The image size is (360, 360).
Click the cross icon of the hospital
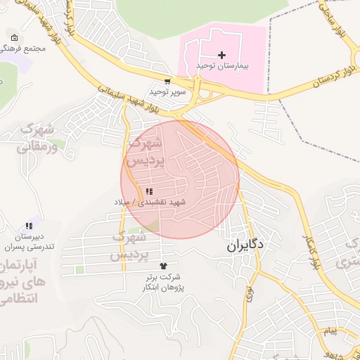pos(222,55)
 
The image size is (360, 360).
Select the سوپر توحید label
pos(167,92)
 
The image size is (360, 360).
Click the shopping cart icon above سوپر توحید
pos(167,82)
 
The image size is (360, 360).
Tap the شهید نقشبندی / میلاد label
pos(150,202)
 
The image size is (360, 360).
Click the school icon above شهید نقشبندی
pos(149,191)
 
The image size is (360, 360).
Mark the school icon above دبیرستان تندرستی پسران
pos(29,226)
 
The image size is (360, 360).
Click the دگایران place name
pos(245,246)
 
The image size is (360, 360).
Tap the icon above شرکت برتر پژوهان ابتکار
pos(164,266)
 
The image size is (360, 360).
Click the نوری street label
pos(249,292)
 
